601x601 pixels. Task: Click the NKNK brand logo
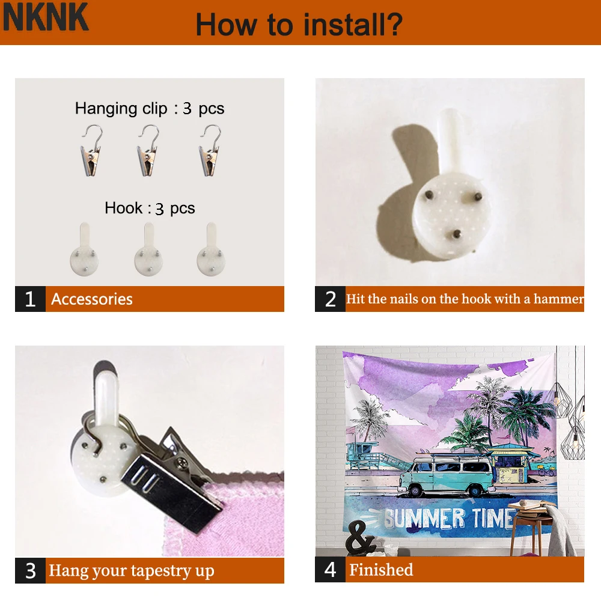point(46,17)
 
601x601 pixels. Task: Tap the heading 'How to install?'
point(299,25)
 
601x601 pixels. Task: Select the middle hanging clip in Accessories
point(148,150)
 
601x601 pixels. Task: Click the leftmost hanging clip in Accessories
point(91,150)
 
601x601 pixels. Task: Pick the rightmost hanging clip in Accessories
point(210,150)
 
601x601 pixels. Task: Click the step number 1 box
point(30,299)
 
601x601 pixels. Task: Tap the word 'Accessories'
point(92,299)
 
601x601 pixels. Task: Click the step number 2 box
point(330,299)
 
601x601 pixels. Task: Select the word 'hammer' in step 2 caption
point(558,299)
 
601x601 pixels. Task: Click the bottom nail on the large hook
point(456,234)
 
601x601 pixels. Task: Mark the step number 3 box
point(30,570)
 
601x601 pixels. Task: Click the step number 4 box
point(330,570)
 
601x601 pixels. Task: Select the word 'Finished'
point(381,570)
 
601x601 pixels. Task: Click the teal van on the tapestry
point(447,474)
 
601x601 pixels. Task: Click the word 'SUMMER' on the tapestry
point(424,518)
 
